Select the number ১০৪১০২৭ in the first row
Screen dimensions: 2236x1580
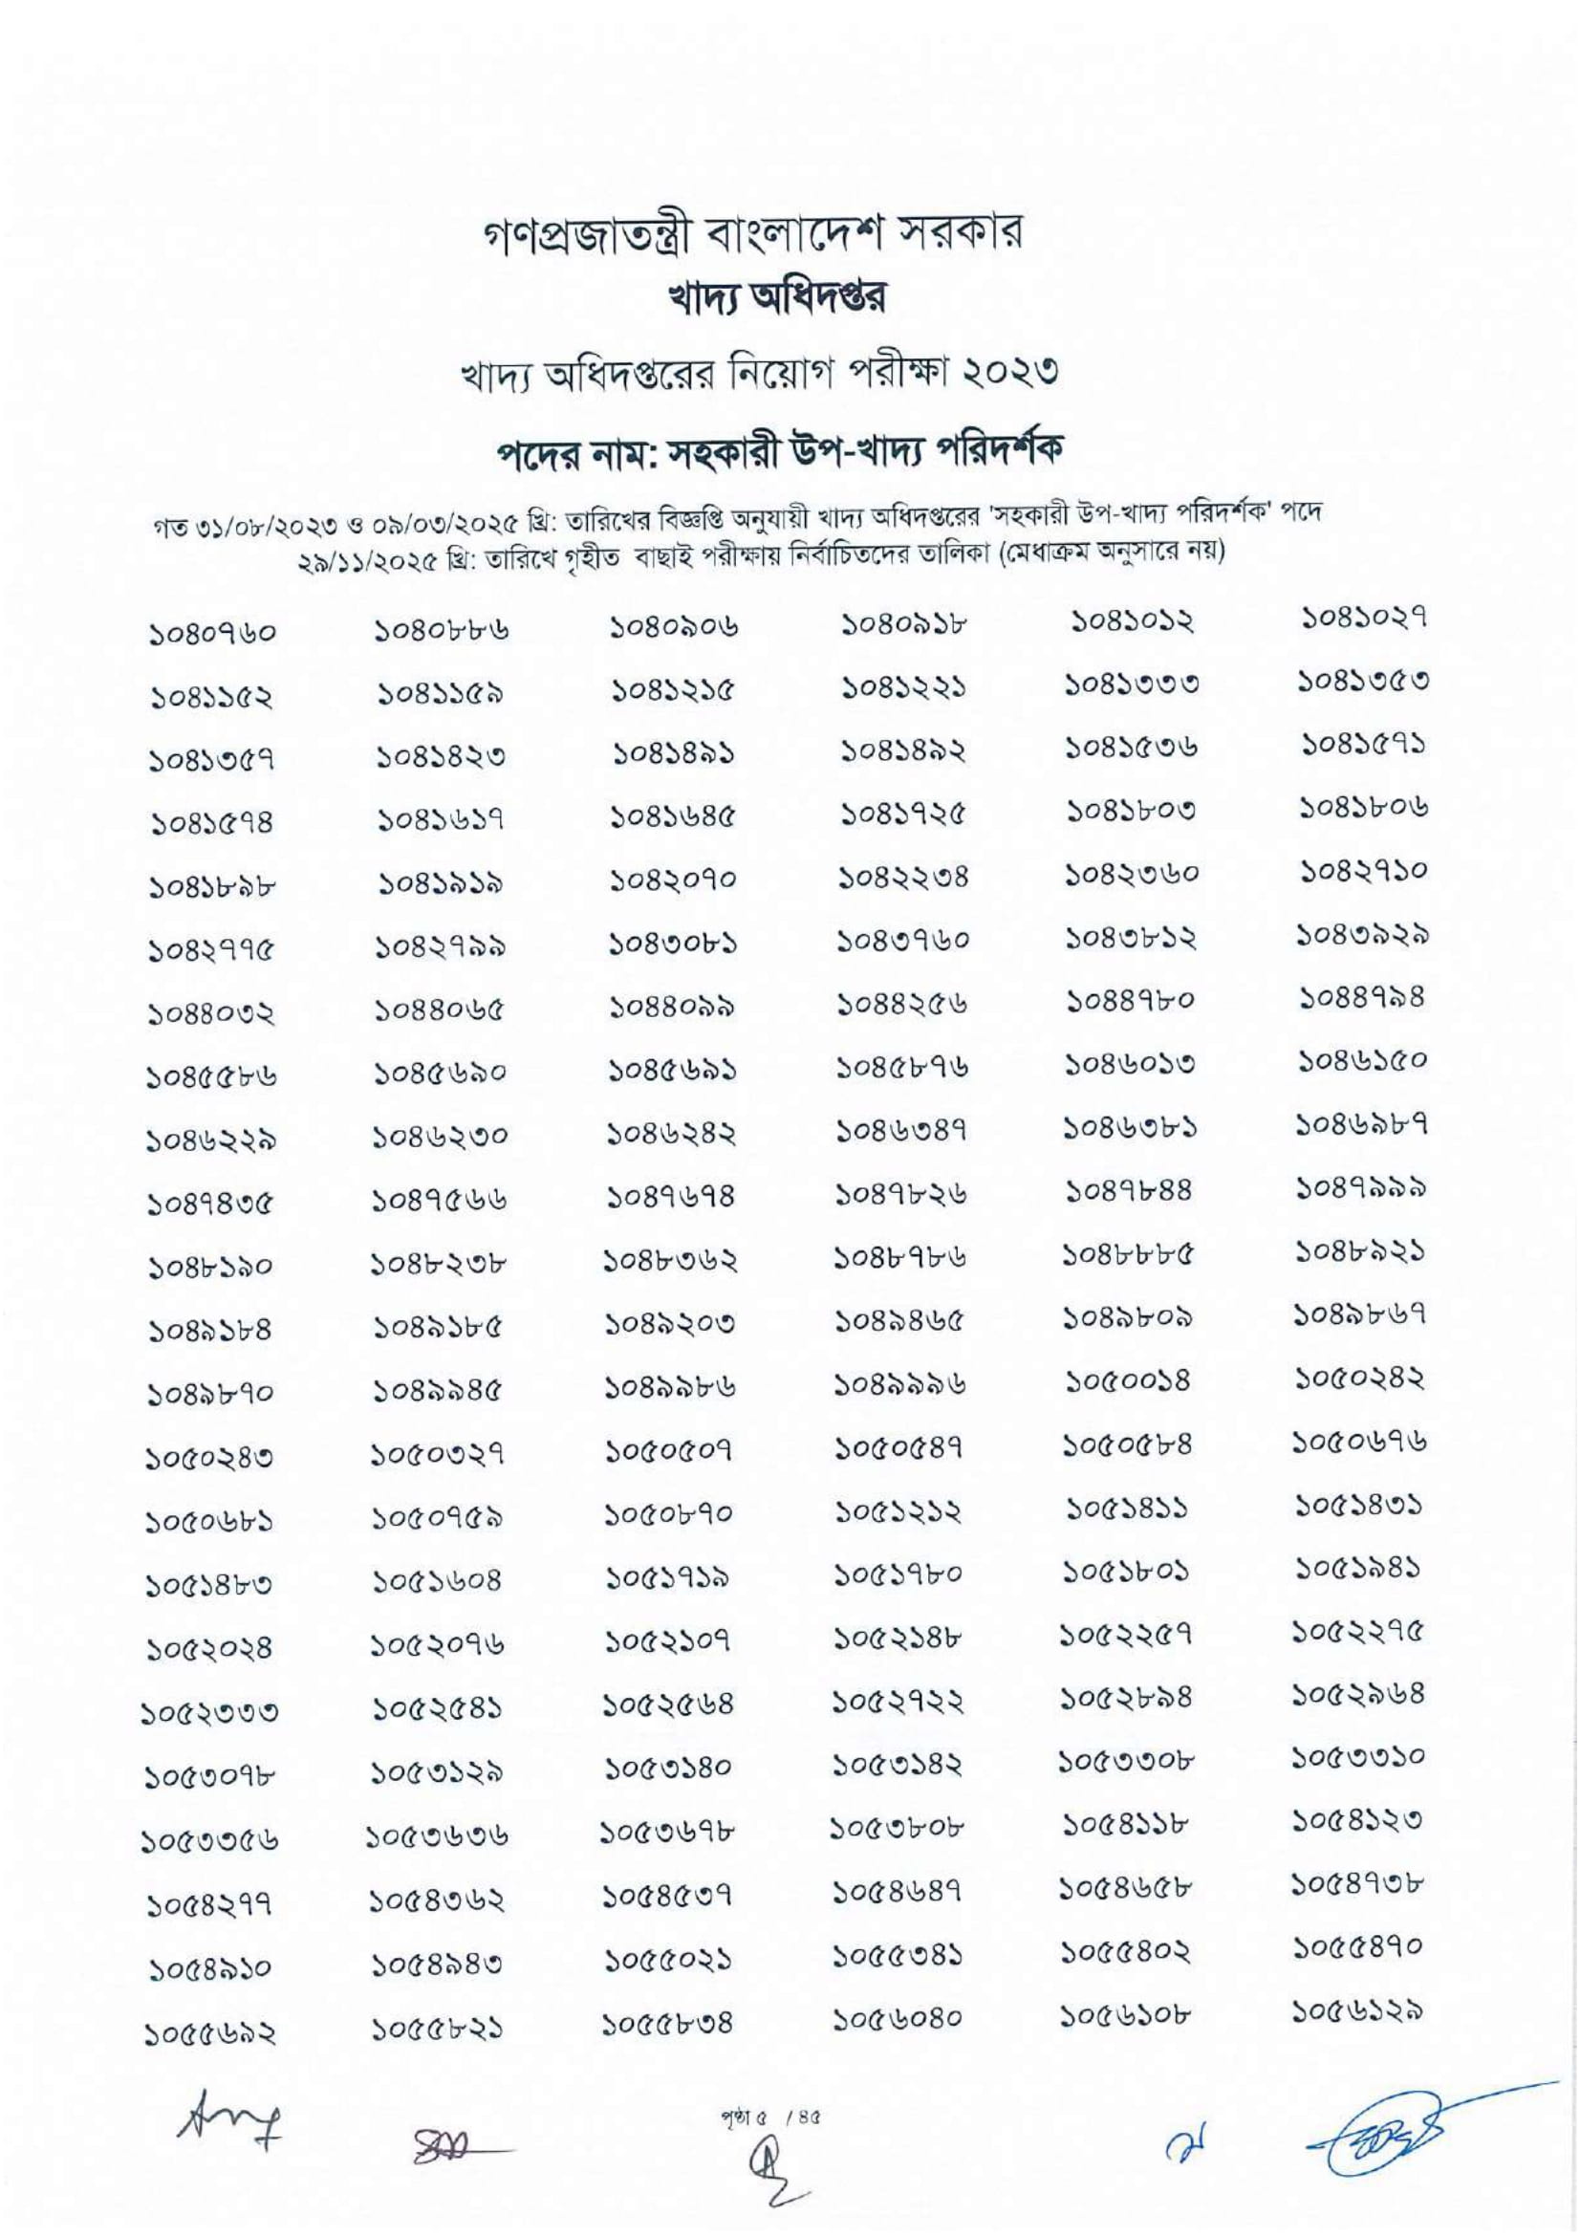coord(1365,618)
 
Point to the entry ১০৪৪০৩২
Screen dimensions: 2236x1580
coord(211,1015)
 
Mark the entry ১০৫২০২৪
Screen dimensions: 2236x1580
coord(211,1650)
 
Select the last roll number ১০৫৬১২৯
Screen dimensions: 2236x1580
coord(1365,2008)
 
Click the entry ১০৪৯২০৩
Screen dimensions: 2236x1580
coord(672,1323)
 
